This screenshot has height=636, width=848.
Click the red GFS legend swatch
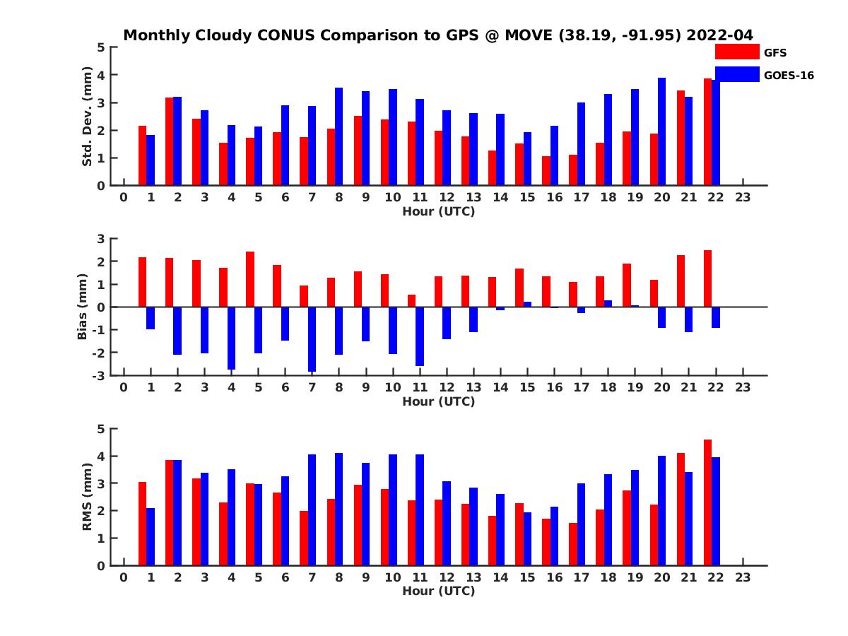(737, 52)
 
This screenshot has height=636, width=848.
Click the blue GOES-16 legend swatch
(737, 74)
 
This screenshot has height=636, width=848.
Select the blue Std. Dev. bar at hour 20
(662, 131)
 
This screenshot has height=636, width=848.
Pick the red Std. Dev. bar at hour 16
(546, 170)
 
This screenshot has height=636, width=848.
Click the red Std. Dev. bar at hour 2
(170, 141)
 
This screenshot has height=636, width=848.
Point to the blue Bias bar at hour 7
(312, 339)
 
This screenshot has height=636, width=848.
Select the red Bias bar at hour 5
(250, 279)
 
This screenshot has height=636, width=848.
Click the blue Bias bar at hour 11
(420, 336)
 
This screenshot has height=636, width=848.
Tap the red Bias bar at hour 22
(708, 278)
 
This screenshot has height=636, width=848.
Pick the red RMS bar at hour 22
(708, 502)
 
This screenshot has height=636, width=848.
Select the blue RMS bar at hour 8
(339, 509)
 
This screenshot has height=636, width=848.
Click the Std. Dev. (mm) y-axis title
(88, 117)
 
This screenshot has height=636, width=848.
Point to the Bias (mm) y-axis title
(83, 306)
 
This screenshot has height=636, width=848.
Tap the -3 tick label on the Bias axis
(99, 375)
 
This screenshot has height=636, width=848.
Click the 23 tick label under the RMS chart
(743, 577)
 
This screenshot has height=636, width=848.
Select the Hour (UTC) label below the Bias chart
(438, 401)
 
